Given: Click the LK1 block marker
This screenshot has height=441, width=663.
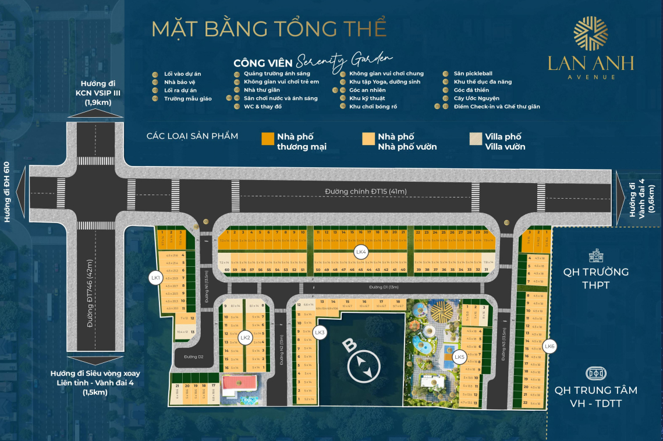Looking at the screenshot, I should pos(155,278).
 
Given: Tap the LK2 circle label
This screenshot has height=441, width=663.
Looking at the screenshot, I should pos(245,337).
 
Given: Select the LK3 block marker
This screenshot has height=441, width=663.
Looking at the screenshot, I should pos(319,333).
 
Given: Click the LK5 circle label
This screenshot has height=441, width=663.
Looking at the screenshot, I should pos(459,357).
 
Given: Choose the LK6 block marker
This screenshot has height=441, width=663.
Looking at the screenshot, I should pos(549,347).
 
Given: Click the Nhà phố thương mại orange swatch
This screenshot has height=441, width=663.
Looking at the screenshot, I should pos(267,138).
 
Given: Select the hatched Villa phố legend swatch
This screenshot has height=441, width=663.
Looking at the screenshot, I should pos(475,138).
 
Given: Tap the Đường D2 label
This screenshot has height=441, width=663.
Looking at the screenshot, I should pos(193,356).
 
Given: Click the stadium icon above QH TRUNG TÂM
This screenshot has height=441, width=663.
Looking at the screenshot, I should pos(595,373).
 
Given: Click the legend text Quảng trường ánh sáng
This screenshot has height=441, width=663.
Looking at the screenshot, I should pos(276,74).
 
